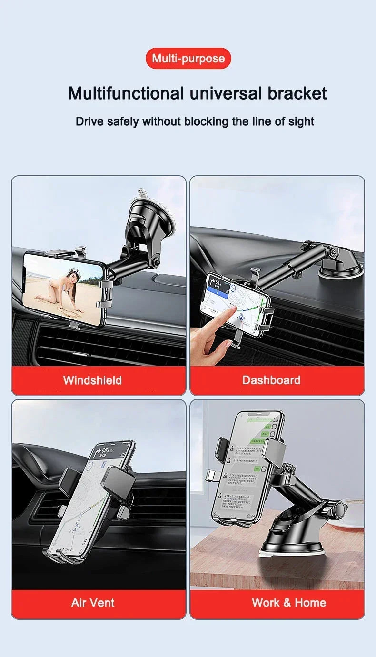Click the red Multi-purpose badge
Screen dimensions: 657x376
coord(188,59)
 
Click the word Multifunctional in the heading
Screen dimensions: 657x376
coord(126,93)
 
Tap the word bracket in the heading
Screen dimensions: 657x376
coord(297,93)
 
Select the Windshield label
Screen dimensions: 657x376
coord(92,380)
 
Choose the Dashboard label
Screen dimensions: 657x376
coord(271,380)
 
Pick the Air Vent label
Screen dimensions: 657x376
coord(93,602)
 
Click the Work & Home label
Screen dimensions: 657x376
coord(289,602)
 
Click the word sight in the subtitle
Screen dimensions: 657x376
coord(301,121)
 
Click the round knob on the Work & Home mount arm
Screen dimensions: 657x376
coord(338,509)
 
